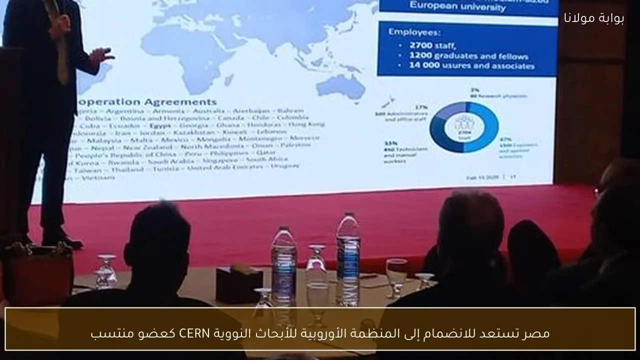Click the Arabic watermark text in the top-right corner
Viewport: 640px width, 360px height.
click(594, 17)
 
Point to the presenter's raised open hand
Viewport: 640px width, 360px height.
click(101, 55)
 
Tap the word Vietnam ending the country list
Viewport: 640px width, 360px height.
click(98, 177)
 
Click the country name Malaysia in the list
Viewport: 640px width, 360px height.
click(100, 141)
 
